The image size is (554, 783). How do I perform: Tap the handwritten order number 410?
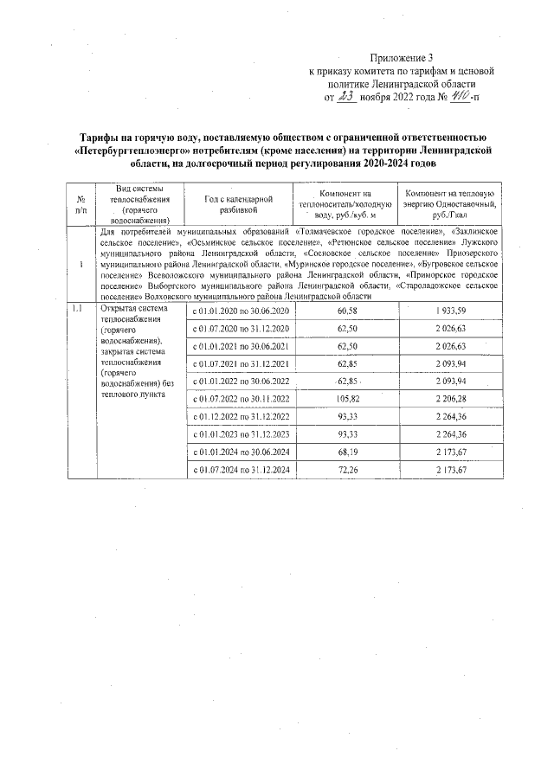pos(459,98)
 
